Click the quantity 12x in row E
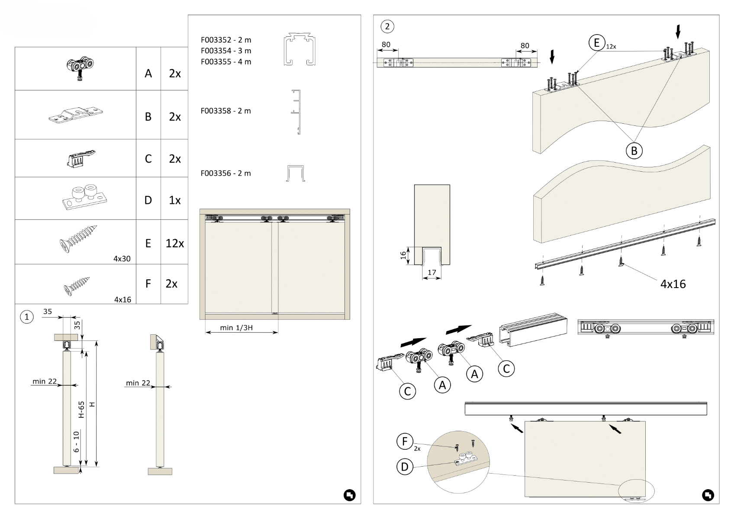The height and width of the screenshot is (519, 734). tap(174, 243)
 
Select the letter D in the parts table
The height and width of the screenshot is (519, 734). tap(148, 200)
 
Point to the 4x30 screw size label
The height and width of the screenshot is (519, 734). tap(122, 259)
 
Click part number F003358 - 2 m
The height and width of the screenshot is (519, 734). tap(225, 111)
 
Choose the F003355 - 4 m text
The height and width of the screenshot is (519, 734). tap(225, 62)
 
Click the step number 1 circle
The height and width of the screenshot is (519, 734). tap(27, 317)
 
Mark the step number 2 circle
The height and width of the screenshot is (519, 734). tap(387, 27)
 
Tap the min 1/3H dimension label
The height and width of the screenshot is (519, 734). tap(236, 327)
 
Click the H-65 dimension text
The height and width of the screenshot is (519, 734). tap(81, 409)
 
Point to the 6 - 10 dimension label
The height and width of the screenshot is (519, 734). tap(77, 442)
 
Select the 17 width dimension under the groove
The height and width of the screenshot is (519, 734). tap(431, 272)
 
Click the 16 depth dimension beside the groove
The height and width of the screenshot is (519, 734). tap(403, 255)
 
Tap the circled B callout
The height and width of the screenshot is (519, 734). tap(634, 151)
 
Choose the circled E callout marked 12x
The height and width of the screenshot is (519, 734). tap(597, 43)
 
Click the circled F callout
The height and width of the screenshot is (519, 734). tap(405, 442)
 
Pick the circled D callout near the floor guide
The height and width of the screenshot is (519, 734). tap(405, 467)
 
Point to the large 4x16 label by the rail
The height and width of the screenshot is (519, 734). tap(673, 284)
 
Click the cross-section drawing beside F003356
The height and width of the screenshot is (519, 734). tap(296, 173)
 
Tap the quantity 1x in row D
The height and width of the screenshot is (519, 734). tap(174, 200)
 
